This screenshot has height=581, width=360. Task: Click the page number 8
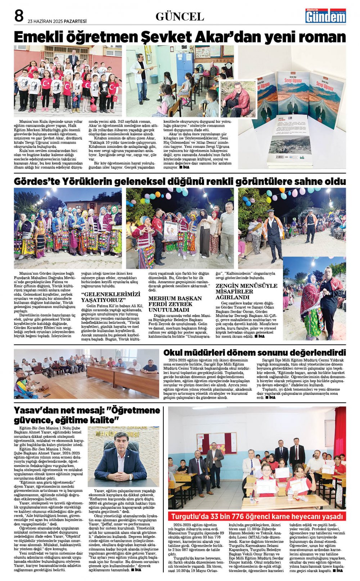coord(19,16)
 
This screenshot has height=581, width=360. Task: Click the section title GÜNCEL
coord(180,17)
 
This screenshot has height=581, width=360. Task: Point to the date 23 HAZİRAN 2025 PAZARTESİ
coord(57,21)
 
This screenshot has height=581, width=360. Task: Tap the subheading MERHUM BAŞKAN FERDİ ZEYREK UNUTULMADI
coord(175,304)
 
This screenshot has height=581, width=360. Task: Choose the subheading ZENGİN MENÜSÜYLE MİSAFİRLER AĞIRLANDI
coord(246,291)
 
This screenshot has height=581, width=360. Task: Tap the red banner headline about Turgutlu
coord(257,516)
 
